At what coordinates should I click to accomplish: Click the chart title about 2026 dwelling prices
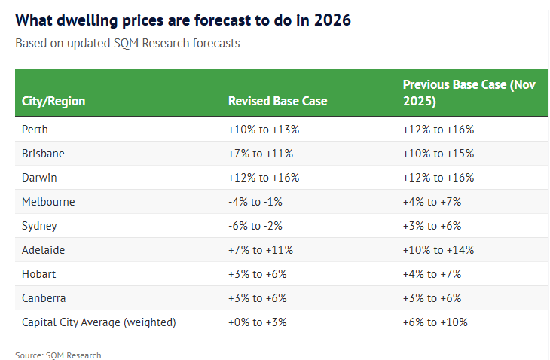pyautogui.click(x=183, y=20)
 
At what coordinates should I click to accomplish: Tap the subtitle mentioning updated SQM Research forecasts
pyautogui.click(x=127, y=43)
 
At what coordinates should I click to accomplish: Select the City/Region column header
pyautogui.click(x=53, y=101)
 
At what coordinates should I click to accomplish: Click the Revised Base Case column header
pyautogui.click(x=277, y=101)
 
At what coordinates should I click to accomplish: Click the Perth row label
pyautogui.click(x=35, y=130)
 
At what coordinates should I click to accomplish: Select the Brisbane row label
pyautogui.click(x=43, y=154)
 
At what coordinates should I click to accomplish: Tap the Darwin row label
pyautogui.click(x=39, y=178)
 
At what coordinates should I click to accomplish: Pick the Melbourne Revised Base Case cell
pyautogui.click(x=258, y=202)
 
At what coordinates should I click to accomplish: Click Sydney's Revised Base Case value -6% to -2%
pyautogui.click(x=258, y=226)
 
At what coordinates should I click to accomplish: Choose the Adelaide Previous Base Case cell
pyautogui.click(x=438, y=250)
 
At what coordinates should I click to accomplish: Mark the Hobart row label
pyautogui.click(x=39, y=274)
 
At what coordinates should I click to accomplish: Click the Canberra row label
pyautogui.click(x=44, y=298)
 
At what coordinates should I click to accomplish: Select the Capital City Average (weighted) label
pyautogui.click(x=99, y=322)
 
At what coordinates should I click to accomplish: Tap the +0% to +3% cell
pyautogui.click(x=258, y=322)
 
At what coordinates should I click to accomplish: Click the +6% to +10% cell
pyautogui.click(x=435, y=322)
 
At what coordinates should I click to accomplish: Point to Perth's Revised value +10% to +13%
pyautogui.click(x=264, y=130)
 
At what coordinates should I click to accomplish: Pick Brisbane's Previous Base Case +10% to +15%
pyautogui.click(x=438, y=154)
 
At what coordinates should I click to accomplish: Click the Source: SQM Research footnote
pyautogui.click(x=58, y=355)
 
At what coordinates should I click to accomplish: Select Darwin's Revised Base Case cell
pyautogui.click(x=264, y=178)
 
